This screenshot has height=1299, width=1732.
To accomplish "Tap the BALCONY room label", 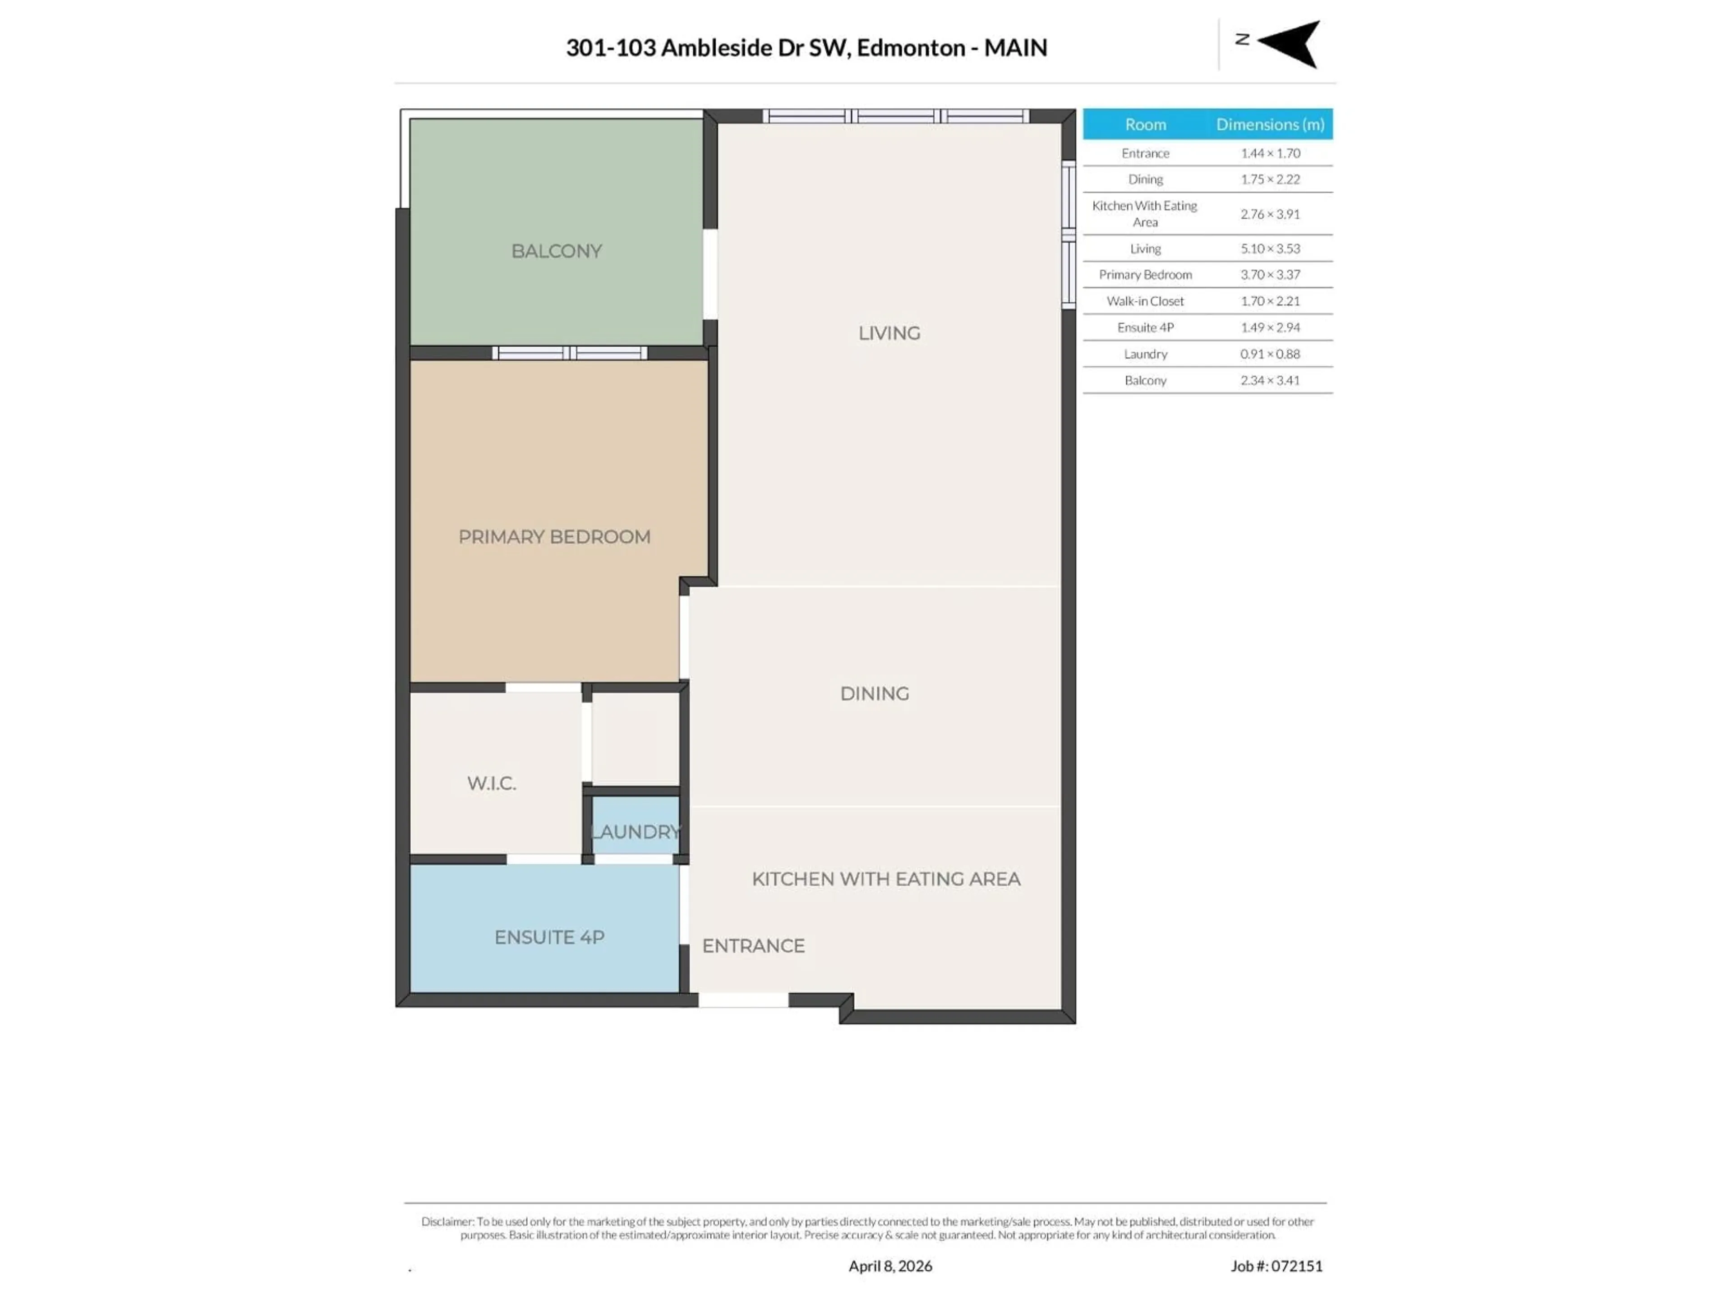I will (x=556, y=251).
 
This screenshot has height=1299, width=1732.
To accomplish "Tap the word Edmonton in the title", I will (x=911, y=48).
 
